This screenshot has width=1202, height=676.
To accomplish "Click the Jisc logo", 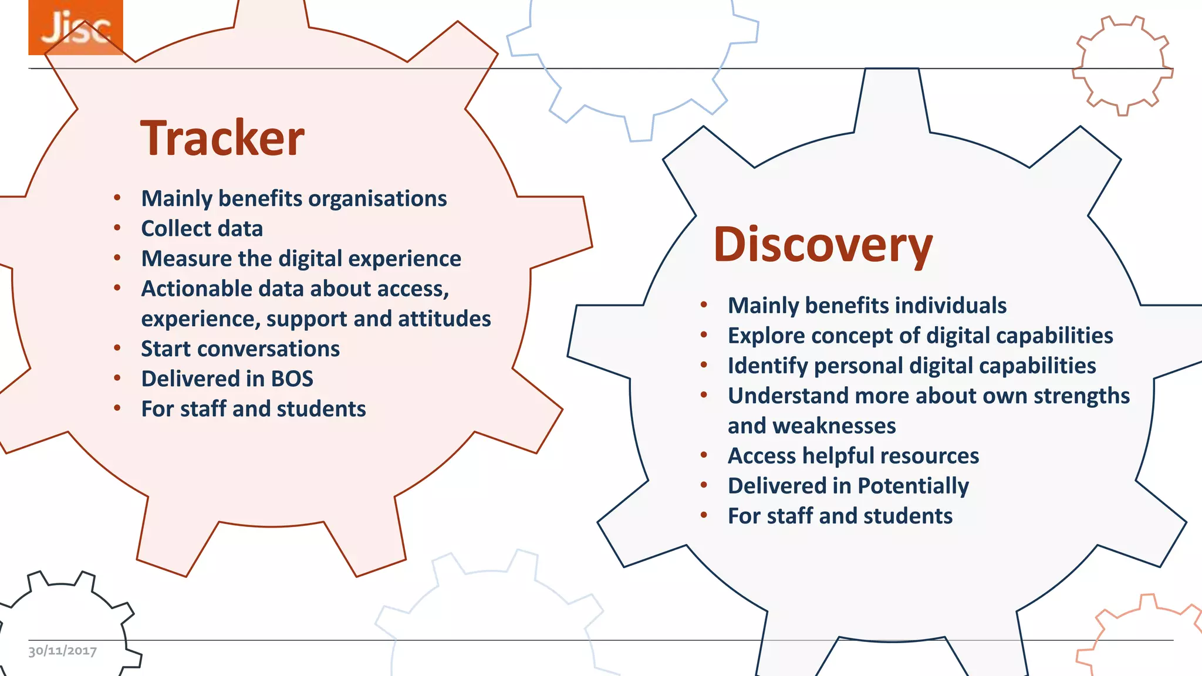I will [x=76, y=28].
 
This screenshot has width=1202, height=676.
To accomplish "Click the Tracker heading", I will [x=222, y=138].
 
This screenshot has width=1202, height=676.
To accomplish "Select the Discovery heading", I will [x=823, y=245].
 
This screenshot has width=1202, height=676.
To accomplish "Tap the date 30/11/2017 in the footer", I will [x=63, y=651].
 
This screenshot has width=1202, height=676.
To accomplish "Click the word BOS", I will [x=292, y=379].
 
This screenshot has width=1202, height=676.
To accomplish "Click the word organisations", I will [x=377, y=199].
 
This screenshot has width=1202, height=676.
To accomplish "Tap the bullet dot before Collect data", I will [x=117, y=228].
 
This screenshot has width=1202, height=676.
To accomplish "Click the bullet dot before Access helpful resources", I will [x=704, y=455].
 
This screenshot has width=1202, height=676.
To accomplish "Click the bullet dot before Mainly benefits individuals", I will [x=704, y=305].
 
